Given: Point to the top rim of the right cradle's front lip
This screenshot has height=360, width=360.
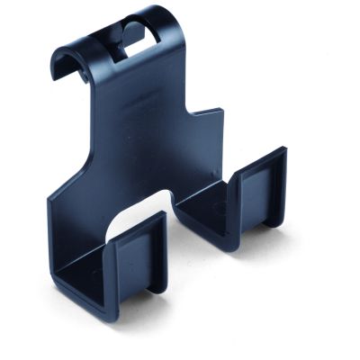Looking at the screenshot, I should pos(261,155).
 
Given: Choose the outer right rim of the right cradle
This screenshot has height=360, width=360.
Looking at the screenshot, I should pos(283,193).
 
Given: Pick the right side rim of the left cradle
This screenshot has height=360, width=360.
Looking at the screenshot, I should pos(163,256).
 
